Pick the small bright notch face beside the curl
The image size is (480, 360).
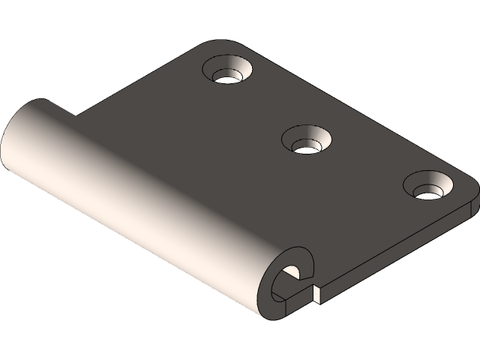tap(318, 294)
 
